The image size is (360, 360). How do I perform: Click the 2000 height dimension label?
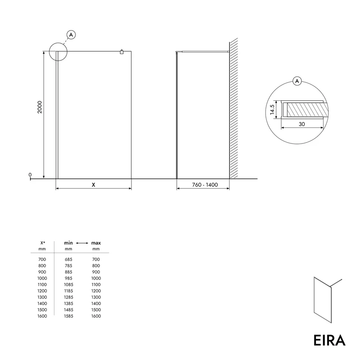[40, 107]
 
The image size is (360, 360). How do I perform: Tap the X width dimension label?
[94, 185]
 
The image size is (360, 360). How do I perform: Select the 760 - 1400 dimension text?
[205, 185]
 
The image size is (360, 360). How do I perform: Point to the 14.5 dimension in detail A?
[272, 109]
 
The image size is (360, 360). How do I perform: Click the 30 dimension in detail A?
[301, 124]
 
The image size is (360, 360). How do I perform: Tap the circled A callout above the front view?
[71, 35]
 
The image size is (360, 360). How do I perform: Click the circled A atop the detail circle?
[297, 81]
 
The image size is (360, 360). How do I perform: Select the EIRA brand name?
[329, 340]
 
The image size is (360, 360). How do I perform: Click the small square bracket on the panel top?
[121, 52]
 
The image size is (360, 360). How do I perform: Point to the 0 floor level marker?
[30, 175]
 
